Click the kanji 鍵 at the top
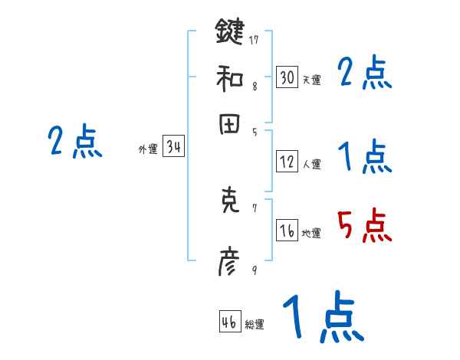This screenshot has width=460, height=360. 229,33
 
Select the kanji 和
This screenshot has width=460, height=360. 229,77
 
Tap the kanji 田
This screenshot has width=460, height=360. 229,125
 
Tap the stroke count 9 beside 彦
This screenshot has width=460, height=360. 254,270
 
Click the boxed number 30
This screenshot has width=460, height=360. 287,77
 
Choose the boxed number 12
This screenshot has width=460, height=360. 287,162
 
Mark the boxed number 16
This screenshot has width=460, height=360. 287,231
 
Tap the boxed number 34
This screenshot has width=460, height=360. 173,147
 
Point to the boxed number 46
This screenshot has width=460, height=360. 229,322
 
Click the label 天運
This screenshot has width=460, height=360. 311,80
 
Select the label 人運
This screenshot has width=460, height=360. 311,164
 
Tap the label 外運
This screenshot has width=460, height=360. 147,149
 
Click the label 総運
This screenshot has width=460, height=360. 255,325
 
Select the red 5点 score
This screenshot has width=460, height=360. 364,227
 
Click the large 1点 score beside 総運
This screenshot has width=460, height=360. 322,316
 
